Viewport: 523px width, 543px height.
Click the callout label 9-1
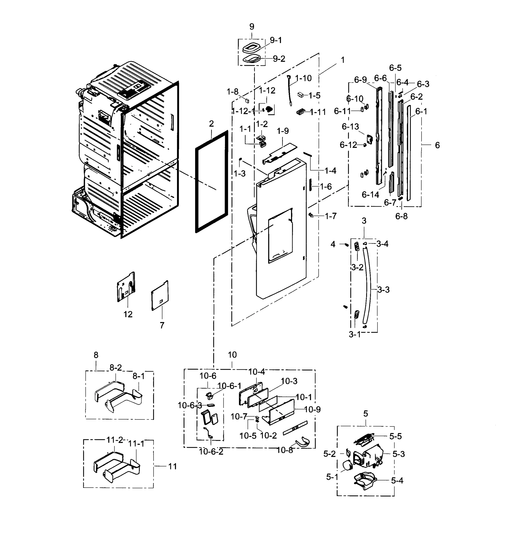[276, 40]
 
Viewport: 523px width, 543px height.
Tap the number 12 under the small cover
[128, 314]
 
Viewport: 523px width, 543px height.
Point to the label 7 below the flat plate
[162, 325]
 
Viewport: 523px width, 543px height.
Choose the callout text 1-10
[303, 79]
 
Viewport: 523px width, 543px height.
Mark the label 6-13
[350, 127]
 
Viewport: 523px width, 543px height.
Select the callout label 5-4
[397, 481]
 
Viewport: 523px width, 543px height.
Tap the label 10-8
[285, 450]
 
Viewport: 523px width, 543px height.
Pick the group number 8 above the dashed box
[96, 355]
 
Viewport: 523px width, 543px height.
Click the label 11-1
[136, 444]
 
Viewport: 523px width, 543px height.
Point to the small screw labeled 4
[346, 244]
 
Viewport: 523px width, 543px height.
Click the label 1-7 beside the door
[331, 216]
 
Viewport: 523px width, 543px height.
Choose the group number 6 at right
[437, 145]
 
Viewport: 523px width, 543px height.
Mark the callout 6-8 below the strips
[401, 216]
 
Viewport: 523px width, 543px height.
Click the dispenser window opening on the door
[280, 236]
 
